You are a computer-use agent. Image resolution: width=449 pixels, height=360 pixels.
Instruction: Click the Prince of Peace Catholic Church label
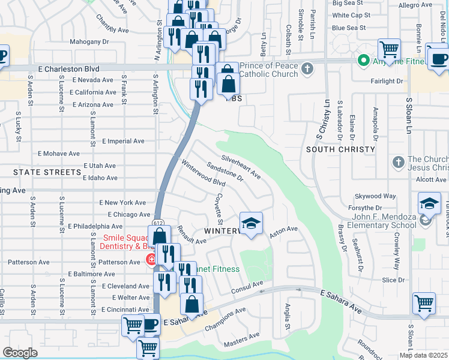268,70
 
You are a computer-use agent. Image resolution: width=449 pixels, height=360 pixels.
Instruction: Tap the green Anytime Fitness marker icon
363,60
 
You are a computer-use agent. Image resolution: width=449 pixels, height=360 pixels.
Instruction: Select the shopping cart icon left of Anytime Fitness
389,49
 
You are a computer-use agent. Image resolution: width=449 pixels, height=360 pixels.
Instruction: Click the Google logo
20,353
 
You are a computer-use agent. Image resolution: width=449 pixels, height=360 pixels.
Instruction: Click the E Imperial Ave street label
123,141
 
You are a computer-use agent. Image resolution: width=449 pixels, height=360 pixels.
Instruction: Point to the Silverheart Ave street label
241,167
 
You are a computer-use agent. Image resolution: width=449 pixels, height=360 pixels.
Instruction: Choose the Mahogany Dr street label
89,42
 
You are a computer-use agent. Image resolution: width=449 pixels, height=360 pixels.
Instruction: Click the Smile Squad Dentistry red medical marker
151,260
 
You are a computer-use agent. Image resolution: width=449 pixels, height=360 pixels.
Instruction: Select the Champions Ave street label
225,320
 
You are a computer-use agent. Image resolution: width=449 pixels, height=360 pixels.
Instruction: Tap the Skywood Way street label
375,196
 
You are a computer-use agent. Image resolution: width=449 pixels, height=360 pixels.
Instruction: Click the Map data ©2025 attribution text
423,355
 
